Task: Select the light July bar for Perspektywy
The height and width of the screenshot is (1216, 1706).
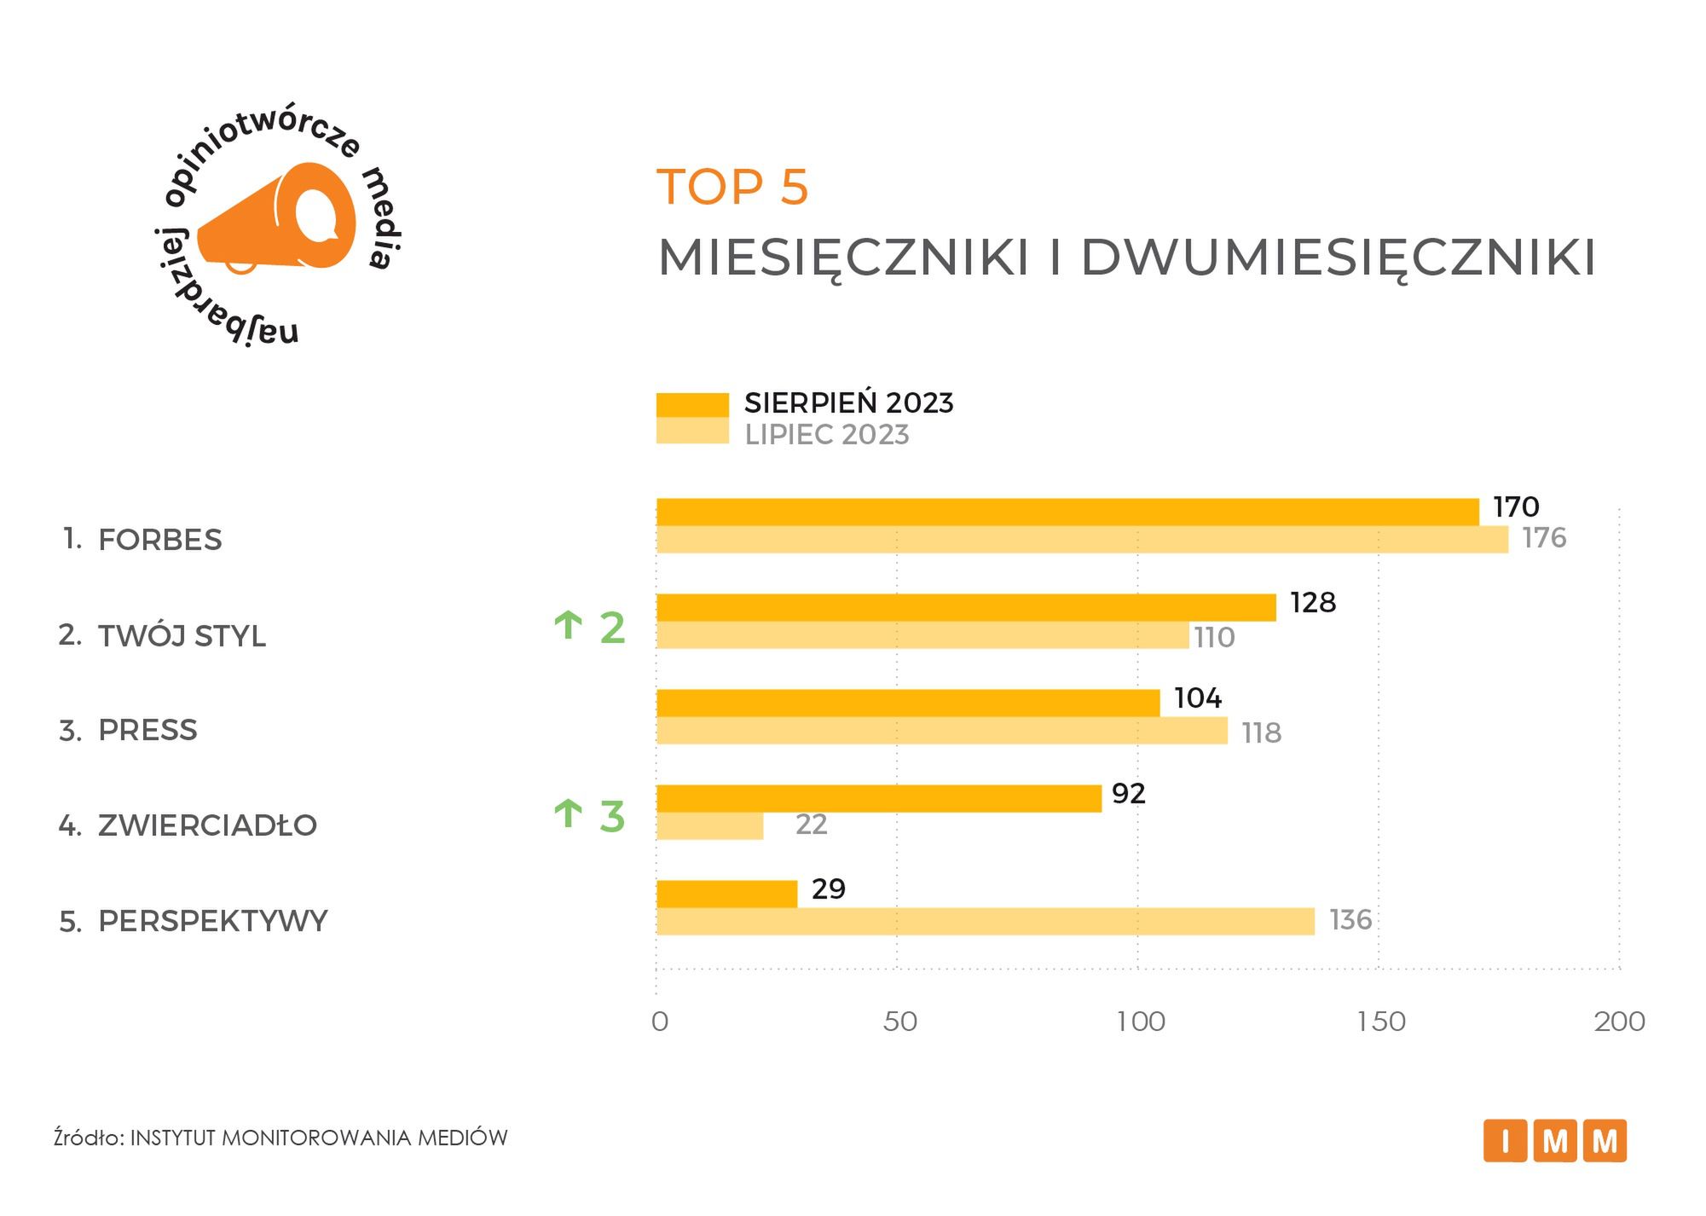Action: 985,922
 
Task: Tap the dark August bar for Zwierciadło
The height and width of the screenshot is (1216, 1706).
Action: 878,799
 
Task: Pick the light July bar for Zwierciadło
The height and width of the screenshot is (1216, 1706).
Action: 709,826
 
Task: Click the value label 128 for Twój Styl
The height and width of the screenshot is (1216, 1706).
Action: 1313,603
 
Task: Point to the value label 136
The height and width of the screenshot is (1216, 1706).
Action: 1350,920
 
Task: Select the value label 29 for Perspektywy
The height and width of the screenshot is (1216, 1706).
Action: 828,889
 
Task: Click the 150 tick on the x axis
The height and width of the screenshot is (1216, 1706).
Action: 1381,1022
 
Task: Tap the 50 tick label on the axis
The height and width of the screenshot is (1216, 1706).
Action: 899,1022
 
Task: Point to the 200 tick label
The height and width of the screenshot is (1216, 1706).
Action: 1619,1022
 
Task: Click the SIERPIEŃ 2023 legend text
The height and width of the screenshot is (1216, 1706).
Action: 848,403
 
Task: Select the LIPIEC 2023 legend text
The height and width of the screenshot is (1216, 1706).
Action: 826,435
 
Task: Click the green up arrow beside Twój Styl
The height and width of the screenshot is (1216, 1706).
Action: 568,626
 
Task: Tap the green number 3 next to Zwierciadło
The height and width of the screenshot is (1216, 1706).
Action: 612,817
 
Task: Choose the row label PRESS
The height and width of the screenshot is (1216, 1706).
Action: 147,731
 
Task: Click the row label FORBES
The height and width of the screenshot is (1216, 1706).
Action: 159,540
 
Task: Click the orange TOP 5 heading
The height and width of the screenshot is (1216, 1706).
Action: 732,187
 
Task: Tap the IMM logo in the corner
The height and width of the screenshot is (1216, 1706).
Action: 1554,1141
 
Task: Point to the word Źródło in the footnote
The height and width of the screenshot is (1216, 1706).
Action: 88,1138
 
